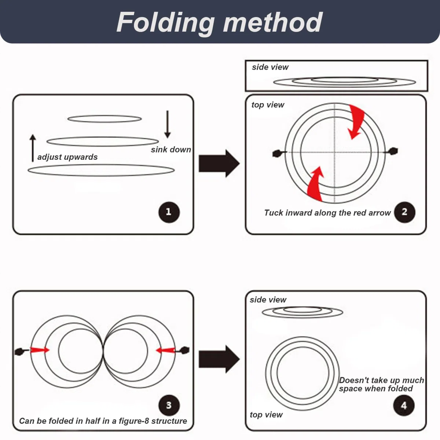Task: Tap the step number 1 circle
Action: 169,212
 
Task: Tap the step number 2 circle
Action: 404,212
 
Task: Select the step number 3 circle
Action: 169,405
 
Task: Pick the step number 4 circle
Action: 404,406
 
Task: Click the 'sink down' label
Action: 171,150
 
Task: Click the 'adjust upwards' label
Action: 67,157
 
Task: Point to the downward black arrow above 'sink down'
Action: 167,124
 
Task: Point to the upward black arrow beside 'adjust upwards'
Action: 33,148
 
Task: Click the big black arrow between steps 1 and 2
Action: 219,163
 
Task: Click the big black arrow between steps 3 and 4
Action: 219,359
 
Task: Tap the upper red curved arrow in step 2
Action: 356,121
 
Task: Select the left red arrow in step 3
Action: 40,350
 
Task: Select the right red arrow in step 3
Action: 165,351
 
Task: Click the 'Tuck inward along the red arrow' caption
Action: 327,213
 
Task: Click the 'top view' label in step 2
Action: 268,105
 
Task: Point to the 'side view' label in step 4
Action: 268,300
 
